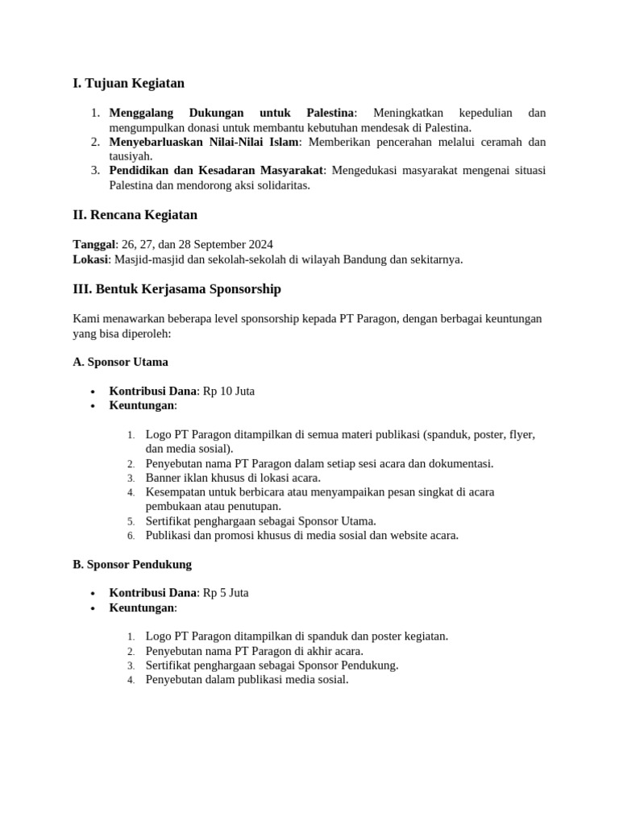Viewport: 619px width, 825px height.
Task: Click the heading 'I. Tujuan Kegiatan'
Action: click(128, 83)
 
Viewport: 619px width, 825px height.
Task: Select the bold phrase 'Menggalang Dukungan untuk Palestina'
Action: click(231, 113)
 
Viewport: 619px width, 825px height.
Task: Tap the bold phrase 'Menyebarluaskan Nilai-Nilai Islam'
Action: click(204, 142)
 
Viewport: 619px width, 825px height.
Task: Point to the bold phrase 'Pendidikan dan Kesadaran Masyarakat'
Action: click(215, 171)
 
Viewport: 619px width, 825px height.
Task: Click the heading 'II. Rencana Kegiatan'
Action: click(135, 215)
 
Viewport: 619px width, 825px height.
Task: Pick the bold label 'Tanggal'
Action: click(94, 245)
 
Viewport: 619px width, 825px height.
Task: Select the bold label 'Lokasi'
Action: click(91, 259)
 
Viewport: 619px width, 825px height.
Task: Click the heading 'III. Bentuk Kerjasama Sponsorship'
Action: click(177, 289)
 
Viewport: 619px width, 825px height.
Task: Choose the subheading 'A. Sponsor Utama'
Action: click(120, 362)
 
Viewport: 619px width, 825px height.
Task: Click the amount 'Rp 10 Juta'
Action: click(228, 392)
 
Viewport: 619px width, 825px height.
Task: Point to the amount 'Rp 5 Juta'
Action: click(225, 593)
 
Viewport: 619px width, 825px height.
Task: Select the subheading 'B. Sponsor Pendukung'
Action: click(132, 564)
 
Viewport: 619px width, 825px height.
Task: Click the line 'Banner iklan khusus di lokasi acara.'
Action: click(233, 478)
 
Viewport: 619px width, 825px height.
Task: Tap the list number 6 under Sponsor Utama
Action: click(131, 536)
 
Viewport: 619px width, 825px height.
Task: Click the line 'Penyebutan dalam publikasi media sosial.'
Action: click(247, 680)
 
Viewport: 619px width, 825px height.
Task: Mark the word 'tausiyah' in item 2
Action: click(129, 156)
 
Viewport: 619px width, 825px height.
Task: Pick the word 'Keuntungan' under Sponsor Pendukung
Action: click(142, 607)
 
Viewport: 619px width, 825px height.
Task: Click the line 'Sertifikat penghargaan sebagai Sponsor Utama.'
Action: click(260, 521)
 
